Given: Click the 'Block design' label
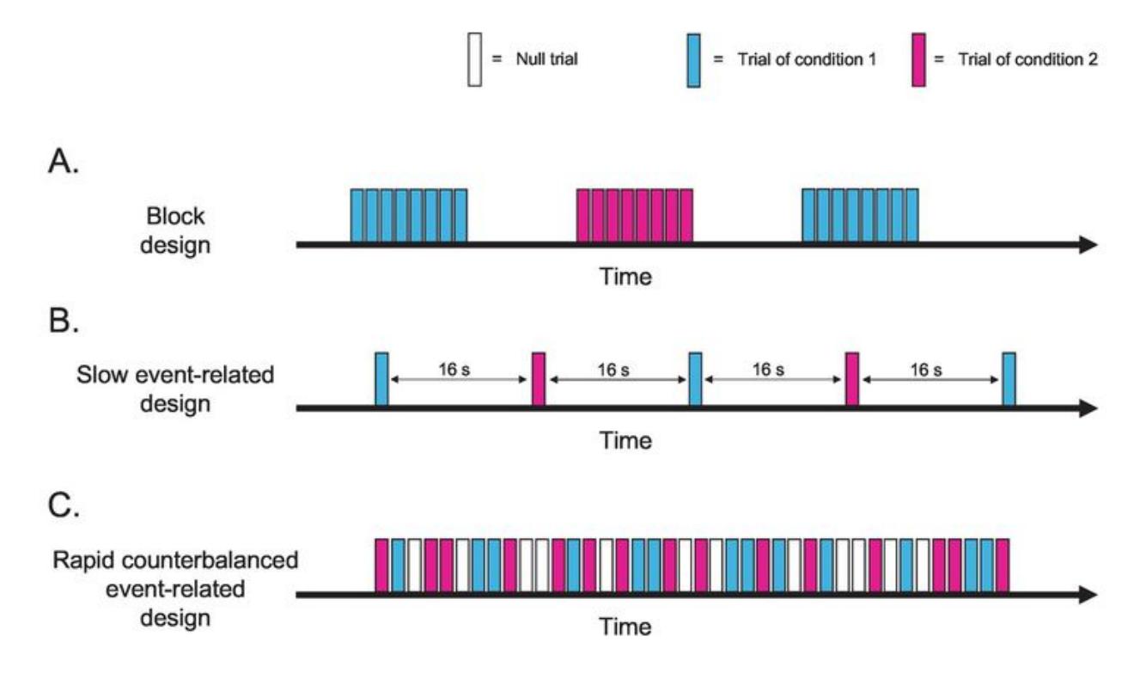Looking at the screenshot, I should tap(179, 230).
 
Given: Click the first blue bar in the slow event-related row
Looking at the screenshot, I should tap(381, 378).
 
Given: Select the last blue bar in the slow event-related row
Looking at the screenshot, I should tap(1009, 378).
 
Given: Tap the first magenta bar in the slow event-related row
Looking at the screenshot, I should tap(538, 378).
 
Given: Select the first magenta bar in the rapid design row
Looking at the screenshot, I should tap(382, 564).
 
